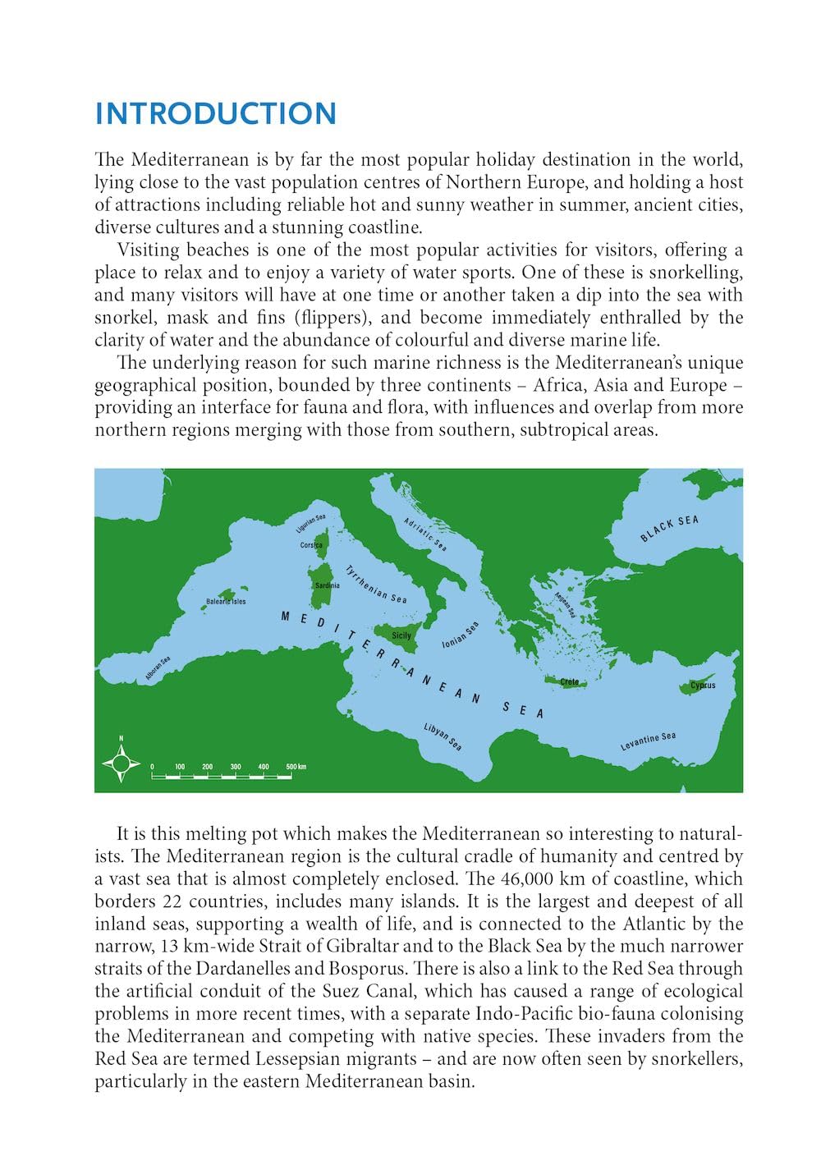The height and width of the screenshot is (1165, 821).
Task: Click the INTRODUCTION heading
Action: click(x=216, y=114)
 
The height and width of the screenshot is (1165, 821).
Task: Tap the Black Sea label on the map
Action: click(x=669, y=529)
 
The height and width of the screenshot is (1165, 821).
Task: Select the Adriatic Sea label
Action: click(x=425, y=534)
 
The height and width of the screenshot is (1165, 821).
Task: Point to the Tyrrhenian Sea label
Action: click(x=376, y=584)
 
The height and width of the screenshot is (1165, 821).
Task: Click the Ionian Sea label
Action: click(x=460, y=635)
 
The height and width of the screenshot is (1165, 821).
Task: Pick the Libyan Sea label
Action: click(x=443, y=736)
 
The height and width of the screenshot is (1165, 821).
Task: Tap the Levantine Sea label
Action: click(x=648, y=741)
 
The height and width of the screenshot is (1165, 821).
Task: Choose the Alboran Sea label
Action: click(x=158, y=668)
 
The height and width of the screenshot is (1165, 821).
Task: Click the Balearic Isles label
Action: click(x=226, y=601)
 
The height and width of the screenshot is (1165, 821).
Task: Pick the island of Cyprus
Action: click(x=700, y=686)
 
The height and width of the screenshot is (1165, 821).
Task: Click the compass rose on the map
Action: click(x=122, y=764)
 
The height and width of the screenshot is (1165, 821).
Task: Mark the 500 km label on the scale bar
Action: click(x=296, y=767)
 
